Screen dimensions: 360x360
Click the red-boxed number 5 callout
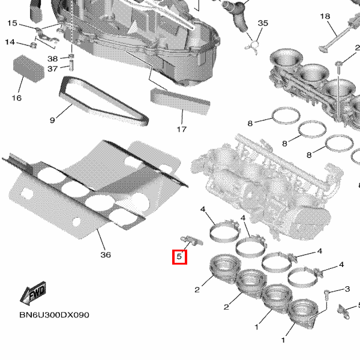click(x=179, y=257)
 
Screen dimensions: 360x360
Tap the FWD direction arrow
click(x=33, y=293)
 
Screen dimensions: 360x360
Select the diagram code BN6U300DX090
click(x=54, y=315)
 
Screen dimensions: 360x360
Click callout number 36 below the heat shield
click(x=106, y=254)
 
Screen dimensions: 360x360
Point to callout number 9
click(x=52, y=120)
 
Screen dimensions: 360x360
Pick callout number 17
click(x=181, y=129)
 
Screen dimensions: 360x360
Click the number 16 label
click(x=17, y=98)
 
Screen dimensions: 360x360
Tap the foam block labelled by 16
click(x=29, y=68)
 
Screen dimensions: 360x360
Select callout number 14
click(x=10, y=42)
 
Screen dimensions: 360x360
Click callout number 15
click(x=12, y=23)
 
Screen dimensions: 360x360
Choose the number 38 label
click(x=52, y=59)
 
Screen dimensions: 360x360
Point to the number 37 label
click(x=52, y=68)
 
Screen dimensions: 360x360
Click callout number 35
click(x=263, y=23)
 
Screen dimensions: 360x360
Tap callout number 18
click(x=325, y=16)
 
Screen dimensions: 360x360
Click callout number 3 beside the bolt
click(x=347, y=289)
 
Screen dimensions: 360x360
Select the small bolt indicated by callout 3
click(x=326, y=295)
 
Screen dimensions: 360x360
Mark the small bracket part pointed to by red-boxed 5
click(x=192, y=240)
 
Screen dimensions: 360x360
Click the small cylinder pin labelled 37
click(x=71, y=65)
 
